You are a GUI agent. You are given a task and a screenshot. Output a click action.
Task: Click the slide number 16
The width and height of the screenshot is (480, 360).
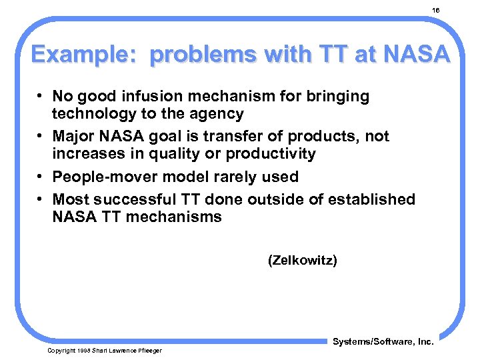(436, 11)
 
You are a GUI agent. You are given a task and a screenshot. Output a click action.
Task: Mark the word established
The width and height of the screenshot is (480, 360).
(372, 199)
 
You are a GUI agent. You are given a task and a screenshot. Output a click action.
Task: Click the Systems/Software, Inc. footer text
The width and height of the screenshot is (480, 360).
(383, 342)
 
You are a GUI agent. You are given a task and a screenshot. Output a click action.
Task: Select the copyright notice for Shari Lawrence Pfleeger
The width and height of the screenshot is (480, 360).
(104, 350)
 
